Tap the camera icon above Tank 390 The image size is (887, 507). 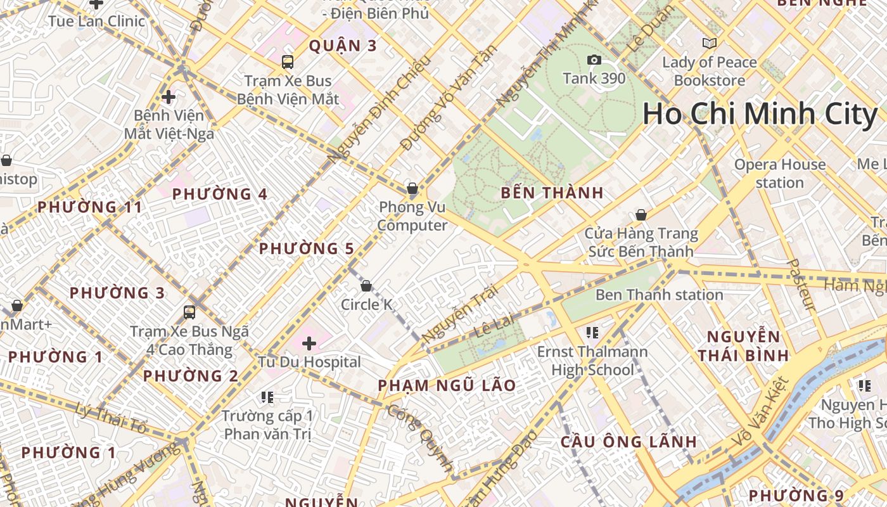(x=594, y=60)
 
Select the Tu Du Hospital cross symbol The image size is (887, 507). (x=309, y=343)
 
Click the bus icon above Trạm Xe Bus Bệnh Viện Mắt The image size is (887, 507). (x=288, y=62)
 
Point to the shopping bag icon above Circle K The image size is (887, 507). (x=366, y=286)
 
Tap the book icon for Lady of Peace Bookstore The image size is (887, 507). (x=710, y=43)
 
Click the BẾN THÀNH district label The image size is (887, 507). (x=552, y=193)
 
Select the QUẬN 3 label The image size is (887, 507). (x=343, y=46)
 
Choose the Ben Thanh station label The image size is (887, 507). (x=659, y=295)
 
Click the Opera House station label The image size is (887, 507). (x=780, y=173)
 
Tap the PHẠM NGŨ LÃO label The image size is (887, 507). (x=447, y=385)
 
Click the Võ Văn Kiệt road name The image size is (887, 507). (x=760, y=411)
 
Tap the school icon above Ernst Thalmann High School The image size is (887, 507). (x=592, y=332)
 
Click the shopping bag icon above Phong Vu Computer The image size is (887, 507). (x=412, y=188)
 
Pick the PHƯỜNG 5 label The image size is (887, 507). (x=306, y=248)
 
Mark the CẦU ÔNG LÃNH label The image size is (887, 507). (x=629, y=442)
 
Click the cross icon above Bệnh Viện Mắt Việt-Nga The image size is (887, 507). (x=169, y=97)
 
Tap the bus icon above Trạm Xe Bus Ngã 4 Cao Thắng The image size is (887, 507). (x=189, y=312)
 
